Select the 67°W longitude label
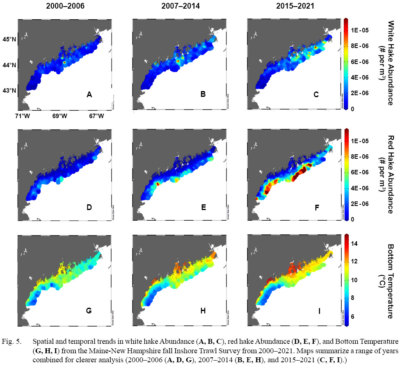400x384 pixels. click(x=96, y=116)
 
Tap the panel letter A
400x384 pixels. click(x=89, y=95)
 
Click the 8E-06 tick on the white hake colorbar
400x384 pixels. click(x=361, y=46)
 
